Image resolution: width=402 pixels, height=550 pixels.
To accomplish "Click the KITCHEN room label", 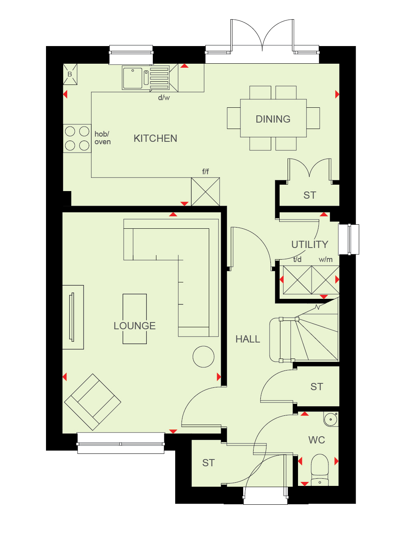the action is click(x=156, y=139).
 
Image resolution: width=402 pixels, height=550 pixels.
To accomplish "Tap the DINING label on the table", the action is click(x=273, y=119).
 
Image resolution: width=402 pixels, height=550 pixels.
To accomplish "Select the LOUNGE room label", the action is click(x=134, y=326).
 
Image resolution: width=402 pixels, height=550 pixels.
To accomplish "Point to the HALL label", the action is click(x=248, y=339).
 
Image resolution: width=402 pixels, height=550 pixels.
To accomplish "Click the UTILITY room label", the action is click(x=310, y=244).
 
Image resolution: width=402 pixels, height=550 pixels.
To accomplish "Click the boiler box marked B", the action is click(x=70, y=74).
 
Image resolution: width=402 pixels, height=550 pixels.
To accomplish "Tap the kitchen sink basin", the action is click(x=133, y=78).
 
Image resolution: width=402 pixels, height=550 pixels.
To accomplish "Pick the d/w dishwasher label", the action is click(x=164, y=98).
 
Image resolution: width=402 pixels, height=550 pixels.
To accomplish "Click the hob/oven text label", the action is click(x=102, y=138).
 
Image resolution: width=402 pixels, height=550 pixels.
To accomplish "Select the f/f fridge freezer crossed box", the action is click(x=206, y=191).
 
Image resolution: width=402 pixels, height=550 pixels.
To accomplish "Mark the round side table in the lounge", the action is click(x=204, y=357).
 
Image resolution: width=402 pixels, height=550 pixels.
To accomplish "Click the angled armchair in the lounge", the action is click(x=93, y=402).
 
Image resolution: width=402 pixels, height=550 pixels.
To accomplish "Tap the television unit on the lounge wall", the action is click(x=73, y=317).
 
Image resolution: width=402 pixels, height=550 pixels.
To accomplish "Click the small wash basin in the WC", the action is click(x=331, y=419).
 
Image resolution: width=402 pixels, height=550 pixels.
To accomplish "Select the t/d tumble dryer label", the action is click(x=297, y=259).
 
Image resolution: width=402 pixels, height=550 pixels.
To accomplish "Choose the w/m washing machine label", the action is click(x=326, y=260).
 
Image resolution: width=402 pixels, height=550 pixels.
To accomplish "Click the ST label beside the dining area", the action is click(x=310, y=195).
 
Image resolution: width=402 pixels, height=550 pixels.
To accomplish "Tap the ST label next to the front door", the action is click(x=208, y=463).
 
